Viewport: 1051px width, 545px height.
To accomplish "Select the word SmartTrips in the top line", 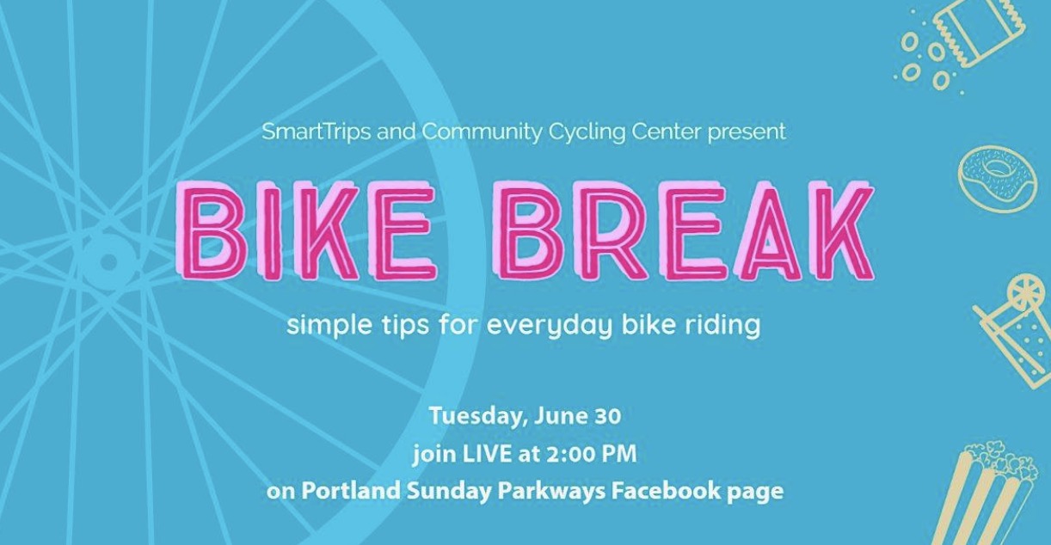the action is (x=317, y=132).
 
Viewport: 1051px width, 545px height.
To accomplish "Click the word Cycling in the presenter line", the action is (x=587, y=132).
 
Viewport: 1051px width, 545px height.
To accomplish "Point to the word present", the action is (x=747, y=132).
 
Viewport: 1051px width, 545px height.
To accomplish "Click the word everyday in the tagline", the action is (x=550, y=325).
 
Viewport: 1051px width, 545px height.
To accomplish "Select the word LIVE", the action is (x=487, y=454).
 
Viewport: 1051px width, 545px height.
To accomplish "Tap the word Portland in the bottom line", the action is (x=351, y=491).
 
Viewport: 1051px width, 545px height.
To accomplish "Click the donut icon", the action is (x=996, y=179).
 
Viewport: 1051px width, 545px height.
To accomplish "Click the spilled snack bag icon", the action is (x=958, y=47).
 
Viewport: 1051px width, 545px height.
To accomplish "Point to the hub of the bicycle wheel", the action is (x=108, y=260).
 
